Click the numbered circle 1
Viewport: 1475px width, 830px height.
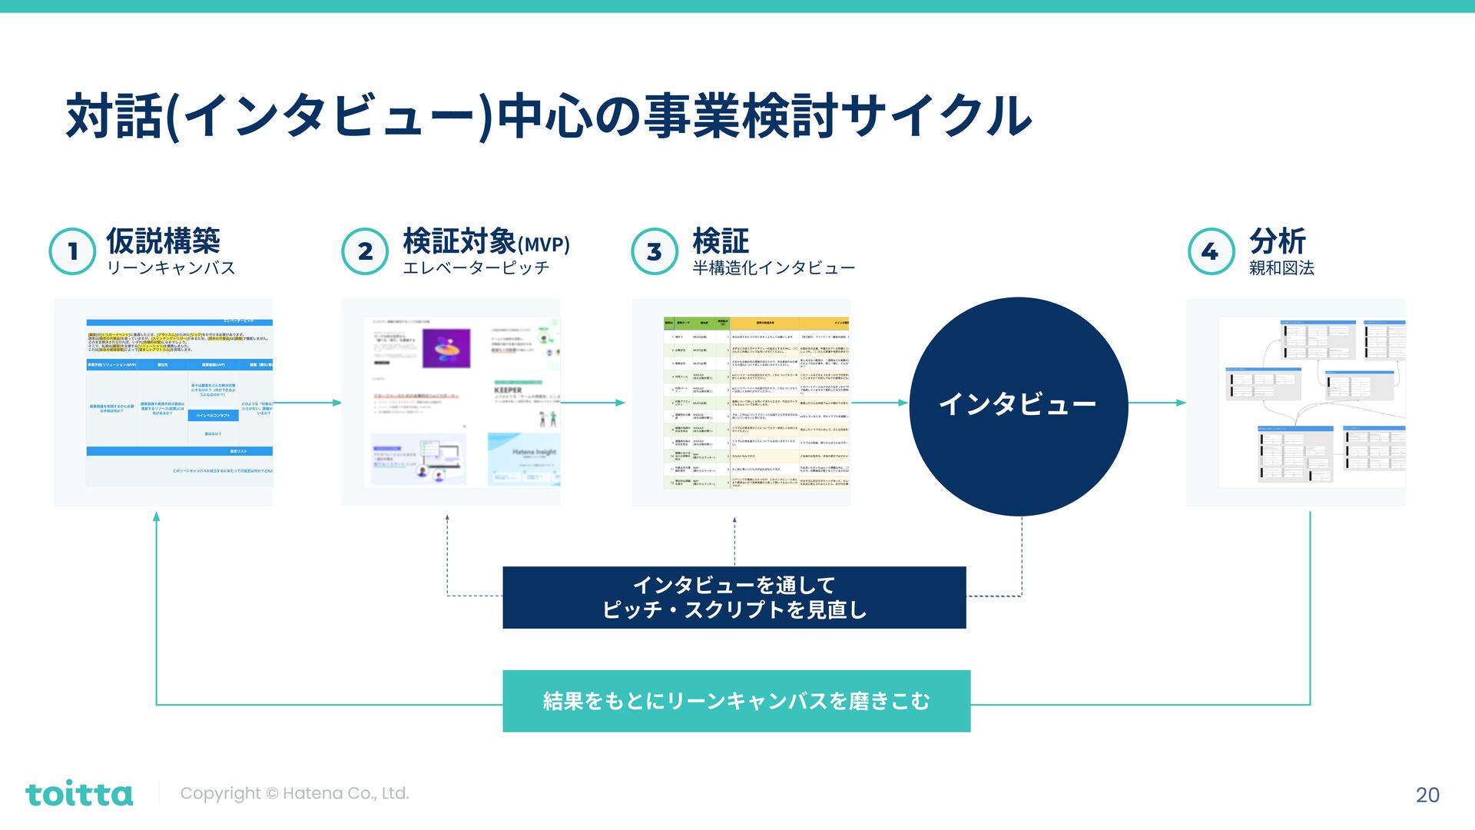point(72,251)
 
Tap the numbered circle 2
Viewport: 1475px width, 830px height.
point(365,251)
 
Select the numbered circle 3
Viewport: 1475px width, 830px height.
point(655,251)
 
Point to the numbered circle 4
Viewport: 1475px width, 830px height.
point(1211,251)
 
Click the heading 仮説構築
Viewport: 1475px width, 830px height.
point(163,241)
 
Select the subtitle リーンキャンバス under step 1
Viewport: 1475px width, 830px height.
point(171,268)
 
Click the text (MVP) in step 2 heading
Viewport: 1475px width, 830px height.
point(544,245)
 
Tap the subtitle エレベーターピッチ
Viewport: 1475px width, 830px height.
point(476,268)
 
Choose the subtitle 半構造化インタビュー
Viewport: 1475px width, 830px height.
point(774,268)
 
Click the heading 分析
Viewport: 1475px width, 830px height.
point(1277,241)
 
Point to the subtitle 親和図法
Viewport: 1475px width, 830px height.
point(1281,268)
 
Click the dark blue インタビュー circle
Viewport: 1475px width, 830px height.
point(1018,406)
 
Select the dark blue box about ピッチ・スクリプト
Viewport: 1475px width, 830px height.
point(734,597)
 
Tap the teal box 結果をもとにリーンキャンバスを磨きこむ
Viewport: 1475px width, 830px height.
point(736,701)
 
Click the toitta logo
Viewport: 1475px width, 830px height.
point(79,794)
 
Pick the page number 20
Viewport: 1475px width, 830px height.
point(1427,795)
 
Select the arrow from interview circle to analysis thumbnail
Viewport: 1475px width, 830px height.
point(1157,403)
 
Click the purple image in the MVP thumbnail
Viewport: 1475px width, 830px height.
point(446,349)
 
